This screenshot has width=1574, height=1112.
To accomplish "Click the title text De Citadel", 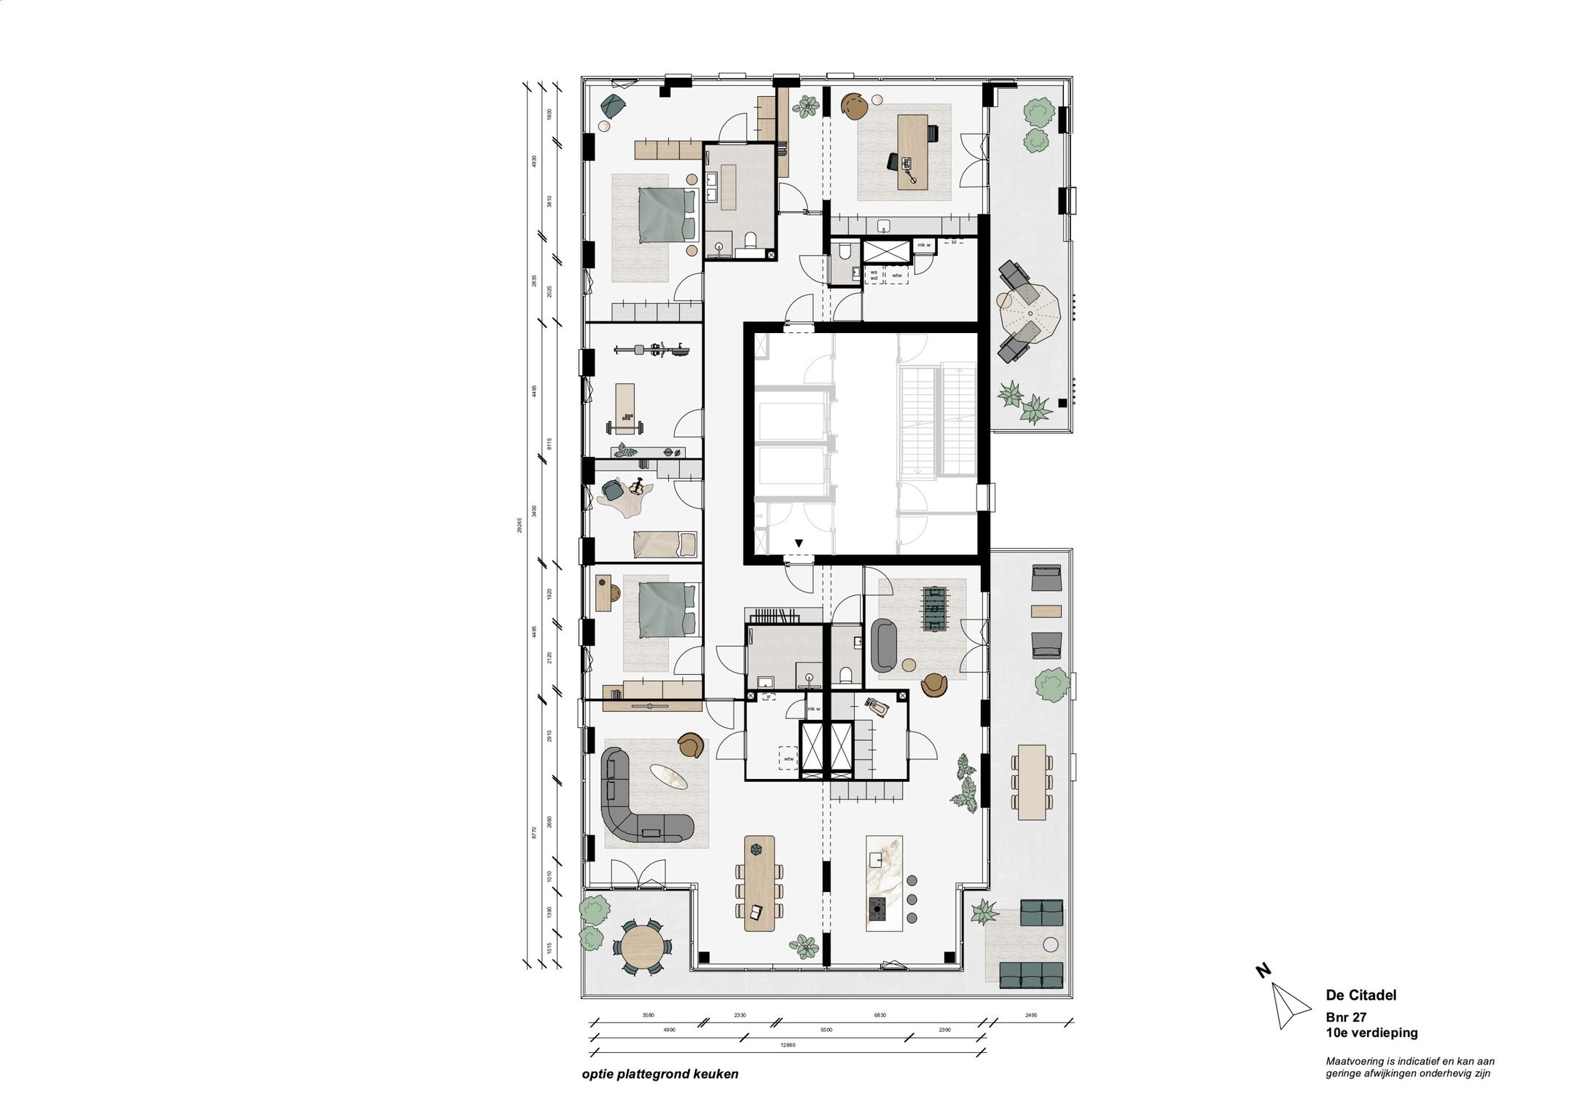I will [x=1360, y=995].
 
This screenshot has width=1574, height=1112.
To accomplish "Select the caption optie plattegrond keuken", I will [x=660, y=1074].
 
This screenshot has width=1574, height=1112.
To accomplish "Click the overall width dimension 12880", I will [x=788, y=1045].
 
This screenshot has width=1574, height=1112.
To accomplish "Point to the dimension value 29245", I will [x=520, y=525].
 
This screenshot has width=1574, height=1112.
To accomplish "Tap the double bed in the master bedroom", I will [x=157, y=215].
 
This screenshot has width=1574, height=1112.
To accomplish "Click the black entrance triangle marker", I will [x=799, y=543].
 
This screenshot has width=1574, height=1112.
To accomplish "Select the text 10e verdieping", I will [x=1371, y=1032].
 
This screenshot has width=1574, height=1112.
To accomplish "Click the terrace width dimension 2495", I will [x=1030, y=1014].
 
